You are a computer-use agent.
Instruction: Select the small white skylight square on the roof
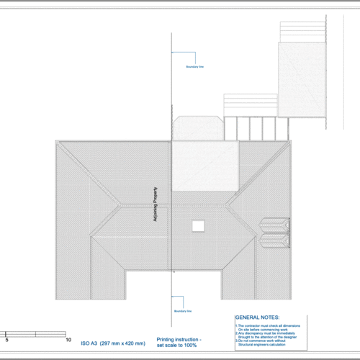[197, 225]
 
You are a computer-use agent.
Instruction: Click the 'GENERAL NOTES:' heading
[258, 317]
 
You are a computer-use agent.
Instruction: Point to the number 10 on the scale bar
[68, 339]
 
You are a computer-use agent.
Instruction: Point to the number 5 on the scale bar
[7, 339]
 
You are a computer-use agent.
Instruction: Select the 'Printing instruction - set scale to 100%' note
[180, 341]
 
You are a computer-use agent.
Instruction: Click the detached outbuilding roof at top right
[302, 79]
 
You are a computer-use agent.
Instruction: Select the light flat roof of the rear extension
[204, 165]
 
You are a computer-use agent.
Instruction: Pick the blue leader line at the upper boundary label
[183, 53]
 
